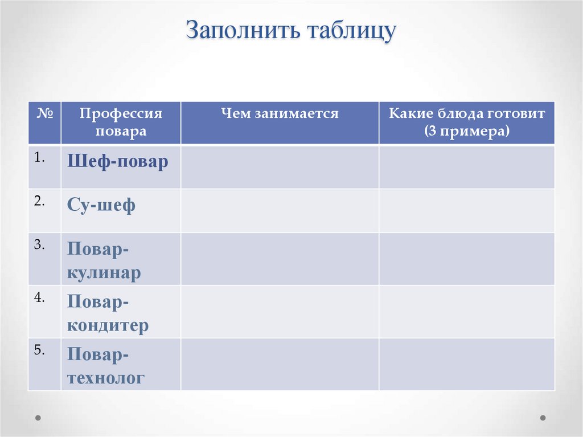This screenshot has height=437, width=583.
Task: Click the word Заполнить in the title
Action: pos(244,31)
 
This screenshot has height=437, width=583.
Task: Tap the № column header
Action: pos(44,113)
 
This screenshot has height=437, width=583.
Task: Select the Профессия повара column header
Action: pos(121,122)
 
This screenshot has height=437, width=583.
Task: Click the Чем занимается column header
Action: pos(280,114)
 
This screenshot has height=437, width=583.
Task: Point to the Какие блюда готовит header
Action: pos(467,122)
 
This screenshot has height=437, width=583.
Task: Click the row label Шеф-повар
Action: pos(118,162)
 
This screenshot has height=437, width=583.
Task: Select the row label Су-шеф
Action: pos(101,205)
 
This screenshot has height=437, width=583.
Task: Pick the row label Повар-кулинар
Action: pos(104,260)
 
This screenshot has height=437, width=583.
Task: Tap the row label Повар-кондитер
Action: pos(108,313)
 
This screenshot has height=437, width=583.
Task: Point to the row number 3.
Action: pos(39,244)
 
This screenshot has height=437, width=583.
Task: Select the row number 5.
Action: pos(39,350)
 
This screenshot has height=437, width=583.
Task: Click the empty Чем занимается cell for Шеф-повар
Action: pos(280,167)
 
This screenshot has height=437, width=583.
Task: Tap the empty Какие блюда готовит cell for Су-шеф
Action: pos(467,210)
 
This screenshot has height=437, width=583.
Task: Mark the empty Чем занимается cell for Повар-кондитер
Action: pos(280,311)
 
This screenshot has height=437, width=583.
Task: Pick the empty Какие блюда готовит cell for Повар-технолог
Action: pos(467,364)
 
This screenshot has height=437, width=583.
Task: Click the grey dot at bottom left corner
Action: pos(38,418)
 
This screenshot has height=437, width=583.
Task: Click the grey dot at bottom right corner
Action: pos(543,418)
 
